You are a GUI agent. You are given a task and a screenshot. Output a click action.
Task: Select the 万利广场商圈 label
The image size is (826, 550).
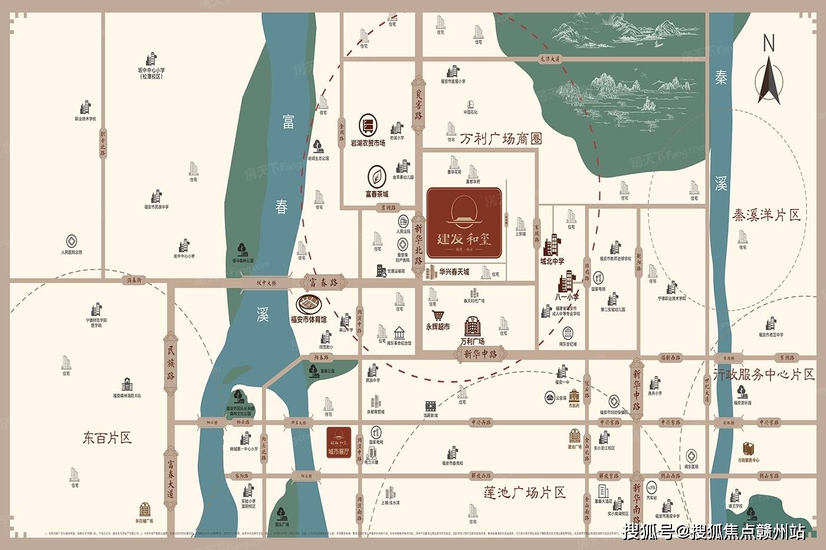coord(493,139)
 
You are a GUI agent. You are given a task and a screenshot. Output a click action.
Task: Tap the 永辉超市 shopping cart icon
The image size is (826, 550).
coord(438,315)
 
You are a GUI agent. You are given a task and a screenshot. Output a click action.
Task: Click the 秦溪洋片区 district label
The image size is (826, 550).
coord(766,215)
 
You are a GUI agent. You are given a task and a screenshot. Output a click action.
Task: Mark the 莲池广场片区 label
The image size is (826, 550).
coord(524,492)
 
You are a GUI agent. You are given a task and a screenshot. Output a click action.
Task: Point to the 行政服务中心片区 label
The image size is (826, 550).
coord(763,374)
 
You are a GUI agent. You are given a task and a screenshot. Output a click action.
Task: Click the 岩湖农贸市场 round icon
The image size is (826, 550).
coord(368,126)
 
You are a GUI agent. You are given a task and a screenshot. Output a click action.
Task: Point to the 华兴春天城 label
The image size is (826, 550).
coord(454,272)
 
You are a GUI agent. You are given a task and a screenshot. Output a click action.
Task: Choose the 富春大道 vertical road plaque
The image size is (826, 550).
coord(171,480)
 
